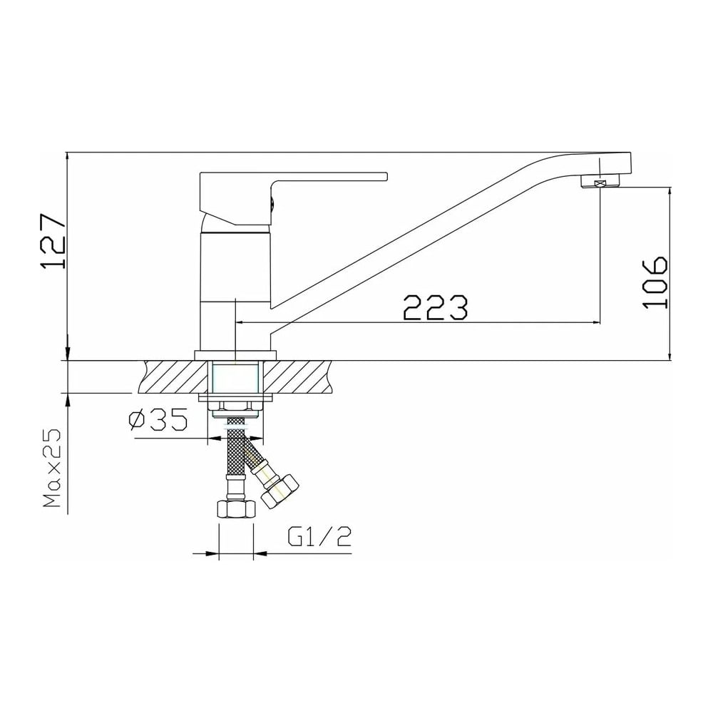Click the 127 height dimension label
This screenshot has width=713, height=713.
(53, 241)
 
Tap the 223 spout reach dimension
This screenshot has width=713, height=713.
(435, 307)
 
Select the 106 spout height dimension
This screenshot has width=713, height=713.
(655, 283)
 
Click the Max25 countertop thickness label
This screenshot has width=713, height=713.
(53, 469)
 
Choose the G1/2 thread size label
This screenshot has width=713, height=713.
(319, 537)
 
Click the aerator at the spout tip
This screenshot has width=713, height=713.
(600, 183)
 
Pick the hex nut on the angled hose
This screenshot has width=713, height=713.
(280, 491)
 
